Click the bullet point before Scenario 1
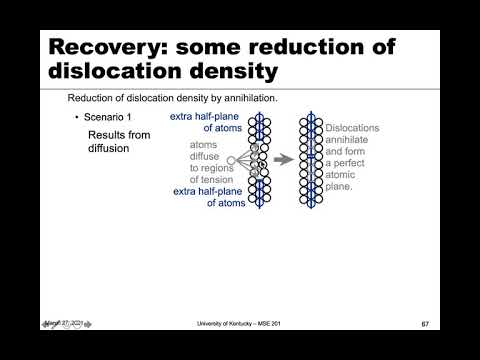pos(76,118)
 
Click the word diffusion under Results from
pos(112,148)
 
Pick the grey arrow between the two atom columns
pos(284,159)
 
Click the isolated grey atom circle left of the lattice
pos(231,160)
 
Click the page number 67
pos(425,324)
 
